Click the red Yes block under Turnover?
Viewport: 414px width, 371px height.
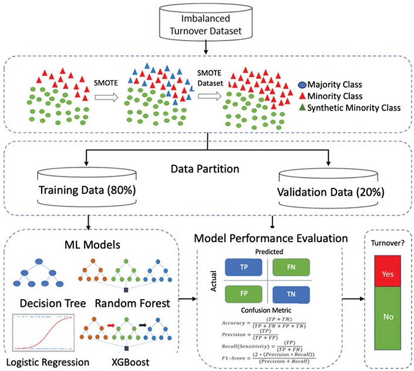(x=388, y=273)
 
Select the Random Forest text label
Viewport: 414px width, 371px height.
(x=134, y=304)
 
